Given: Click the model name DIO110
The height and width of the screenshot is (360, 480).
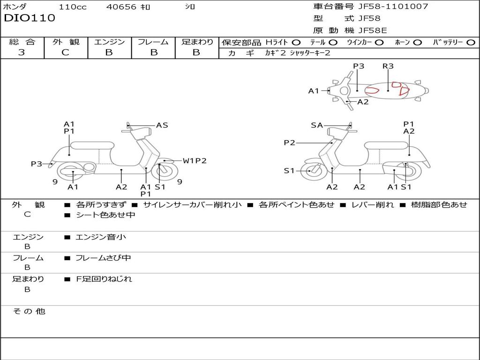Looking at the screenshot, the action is pyautogui.click(x=30, y=18).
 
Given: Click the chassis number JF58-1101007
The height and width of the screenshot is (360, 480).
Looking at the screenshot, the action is pyautogui.click(x=393, y=6).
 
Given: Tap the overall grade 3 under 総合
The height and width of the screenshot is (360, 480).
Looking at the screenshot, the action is pyautogui.click(x=22, y=52).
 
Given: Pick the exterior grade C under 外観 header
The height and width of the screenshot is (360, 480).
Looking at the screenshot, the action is pyautogui.click(x=65, y=52).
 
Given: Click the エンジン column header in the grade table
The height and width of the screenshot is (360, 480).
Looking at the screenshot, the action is pyautogui.click(x=109, y=42).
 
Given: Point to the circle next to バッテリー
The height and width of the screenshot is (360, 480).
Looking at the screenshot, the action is pyautogui.click(x=471, y=43).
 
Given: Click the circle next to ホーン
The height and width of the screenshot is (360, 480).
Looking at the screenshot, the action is pyautogui.click(x=417, y=43).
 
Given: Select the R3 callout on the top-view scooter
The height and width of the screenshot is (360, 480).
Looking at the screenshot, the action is pyautogui.click(x=388, y=66).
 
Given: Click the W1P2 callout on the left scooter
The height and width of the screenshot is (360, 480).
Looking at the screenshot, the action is pyautogui.click(x=195, y=161).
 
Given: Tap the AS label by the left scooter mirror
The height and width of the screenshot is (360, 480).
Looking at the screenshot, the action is pyautogui.click(x=162, y=125).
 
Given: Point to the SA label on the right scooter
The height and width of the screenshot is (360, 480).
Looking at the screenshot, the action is pyautogui.click(x=317, y=125).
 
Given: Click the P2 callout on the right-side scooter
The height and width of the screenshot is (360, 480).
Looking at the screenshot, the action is pyautogui.click(x=289, y=142).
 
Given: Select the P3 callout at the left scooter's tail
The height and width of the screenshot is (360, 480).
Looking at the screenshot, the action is pyautogui.click(x=37, y=164).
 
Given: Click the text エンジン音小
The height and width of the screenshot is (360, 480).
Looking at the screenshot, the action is pyautogui.click(x=101, y=237).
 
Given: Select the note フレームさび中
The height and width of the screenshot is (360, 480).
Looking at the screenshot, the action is pyautogui.click(x=103, y=258).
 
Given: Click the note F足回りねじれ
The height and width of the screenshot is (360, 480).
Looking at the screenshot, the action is pyautogui.click(x=104, y=279).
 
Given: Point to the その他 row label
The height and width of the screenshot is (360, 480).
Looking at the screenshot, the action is pyautogui.click(x=29, y=311).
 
